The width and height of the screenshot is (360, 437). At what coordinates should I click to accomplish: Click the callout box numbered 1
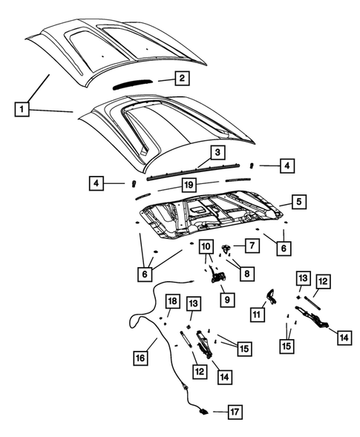pos(24,111)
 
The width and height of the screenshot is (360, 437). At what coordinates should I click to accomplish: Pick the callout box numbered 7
pos(252,245)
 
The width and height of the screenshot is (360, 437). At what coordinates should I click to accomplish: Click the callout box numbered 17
pos(234,411)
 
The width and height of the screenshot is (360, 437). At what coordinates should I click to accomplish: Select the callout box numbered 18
pos(171,300)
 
